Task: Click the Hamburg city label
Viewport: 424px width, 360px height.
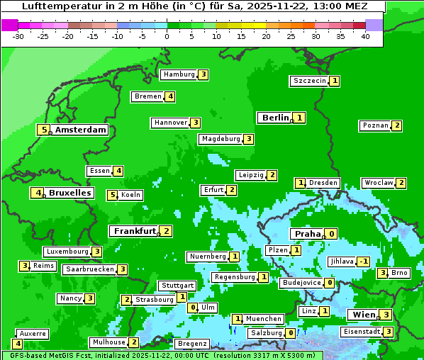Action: pyautogui.click(x=179, y=74)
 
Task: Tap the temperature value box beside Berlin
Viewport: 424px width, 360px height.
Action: pyautogui.click(x=300, y=118)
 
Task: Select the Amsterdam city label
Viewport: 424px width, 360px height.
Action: pyautogui.click(x=81, y=130)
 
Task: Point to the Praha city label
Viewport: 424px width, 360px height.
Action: pyautogui.click(x=308, y=234)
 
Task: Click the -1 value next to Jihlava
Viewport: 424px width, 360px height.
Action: pyautogui.click(x=364, y=261)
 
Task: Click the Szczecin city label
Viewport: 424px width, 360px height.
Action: pyautogui.click(x=310, y=81)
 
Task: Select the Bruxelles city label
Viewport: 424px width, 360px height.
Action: pyautogui.click(x=70, y=193)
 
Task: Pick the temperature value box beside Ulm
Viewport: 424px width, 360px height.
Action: pyautogui.click(x=192, y=308)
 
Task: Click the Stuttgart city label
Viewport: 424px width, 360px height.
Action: pyautogui.click(x=177, y=286)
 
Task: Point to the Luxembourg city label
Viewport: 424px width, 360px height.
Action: pyautogui.click(x=67, y=252)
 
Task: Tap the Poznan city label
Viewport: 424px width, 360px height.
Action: pyautogui.click(x=375, y=125)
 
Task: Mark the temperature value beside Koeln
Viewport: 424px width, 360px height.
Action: pyautogui.click(x=112, y=195)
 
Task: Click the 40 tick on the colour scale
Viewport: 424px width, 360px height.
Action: pyautogui.click(x=365, y=35)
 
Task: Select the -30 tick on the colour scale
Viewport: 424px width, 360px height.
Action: pyautogui.click(x=18, y=35)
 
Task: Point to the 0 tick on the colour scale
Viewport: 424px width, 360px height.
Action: pyautogui.click(x=167, y=35)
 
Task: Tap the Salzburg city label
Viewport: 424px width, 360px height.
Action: pyautogui.click(x=266, y=333)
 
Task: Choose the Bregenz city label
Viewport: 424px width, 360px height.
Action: pyautogui.click(x=191, y=344)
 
